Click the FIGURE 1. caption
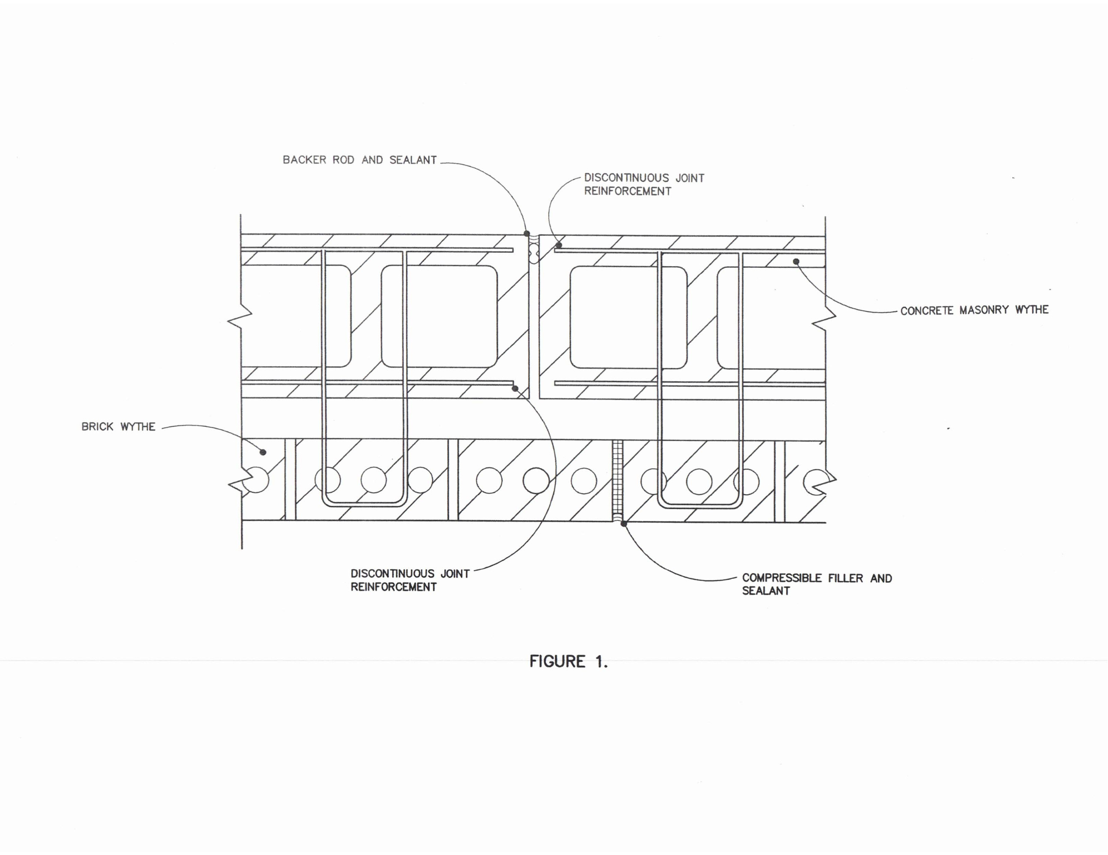(568, 661)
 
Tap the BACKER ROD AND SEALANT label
(359, 160)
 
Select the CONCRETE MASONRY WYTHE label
(974, 310)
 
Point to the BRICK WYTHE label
(118, 427)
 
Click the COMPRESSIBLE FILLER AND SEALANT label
(817, 584)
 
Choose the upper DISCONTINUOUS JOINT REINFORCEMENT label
(644, 185)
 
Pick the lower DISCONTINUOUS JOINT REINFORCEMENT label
(410, 581)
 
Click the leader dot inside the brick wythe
(263, 452)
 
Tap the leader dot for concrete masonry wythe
(796, 261)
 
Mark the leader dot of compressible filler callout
(623, 524)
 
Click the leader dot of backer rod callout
(527, 234)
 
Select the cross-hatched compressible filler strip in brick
(618, 480)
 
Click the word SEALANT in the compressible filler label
(766, 591)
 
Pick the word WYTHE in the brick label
(138, 427)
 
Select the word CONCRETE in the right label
(928, 310)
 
